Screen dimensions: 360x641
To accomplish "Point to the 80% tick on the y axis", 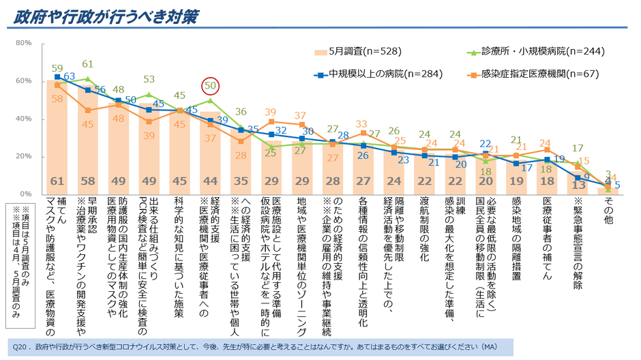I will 24,43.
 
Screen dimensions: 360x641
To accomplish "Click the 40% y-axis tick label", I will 24,119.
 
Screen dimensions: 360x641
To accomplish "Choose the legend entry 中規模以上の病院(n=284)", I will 375,74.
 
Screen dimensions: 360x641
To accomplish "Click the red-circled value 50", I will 211,87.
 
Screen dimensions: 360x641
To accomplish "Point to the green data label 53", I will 149,80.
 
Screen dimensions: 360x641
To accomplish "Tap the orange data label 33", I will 361,123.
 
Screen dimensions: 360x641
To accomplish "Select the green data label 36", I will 241,112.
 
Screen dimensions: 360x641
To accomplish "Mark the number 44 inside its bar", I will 211,182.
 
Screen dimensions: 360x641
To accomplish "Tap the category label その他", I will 608,209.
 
